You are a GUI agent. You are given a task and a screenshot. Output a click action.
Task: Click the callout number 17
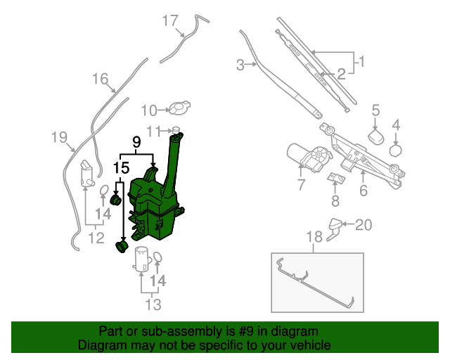click(170, 20)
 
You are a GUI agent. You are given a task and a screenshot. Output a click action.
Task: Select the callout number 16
click(100, 79)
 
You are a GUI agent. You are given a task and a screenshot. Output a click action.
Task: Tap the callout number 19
click(59, 137)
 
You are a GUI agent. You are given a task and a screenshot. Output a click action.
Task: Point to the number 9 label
click(137, 143)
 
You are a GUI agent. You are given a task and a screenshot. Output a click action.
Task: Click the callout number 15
click(121, 168)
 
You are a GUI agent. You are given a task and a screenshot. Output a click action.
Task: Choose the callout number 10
click(149, 110)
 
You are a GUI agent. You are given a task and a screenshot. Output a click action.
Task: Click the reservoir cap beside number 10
click(181, 108)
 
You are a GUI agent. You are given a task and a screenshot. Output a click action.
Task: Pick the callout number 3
click(240, 65)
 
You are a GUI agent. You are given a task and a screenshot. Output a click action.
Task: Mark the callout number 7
click(301, 186)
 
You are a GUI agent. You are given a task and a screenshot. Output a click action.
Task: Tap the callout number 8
click(335, 201)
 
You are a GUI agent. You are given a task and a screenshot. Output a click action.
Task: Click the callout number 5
click(375, 110)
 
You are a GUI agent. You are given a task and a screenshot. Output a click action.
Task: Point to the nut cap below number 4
click(395, 149)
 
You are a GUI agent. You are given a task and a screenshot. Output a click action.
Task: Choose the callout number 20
click(363, 225)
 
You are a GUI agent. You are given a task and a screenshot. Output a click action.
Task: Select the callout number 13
click(153, 304)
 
